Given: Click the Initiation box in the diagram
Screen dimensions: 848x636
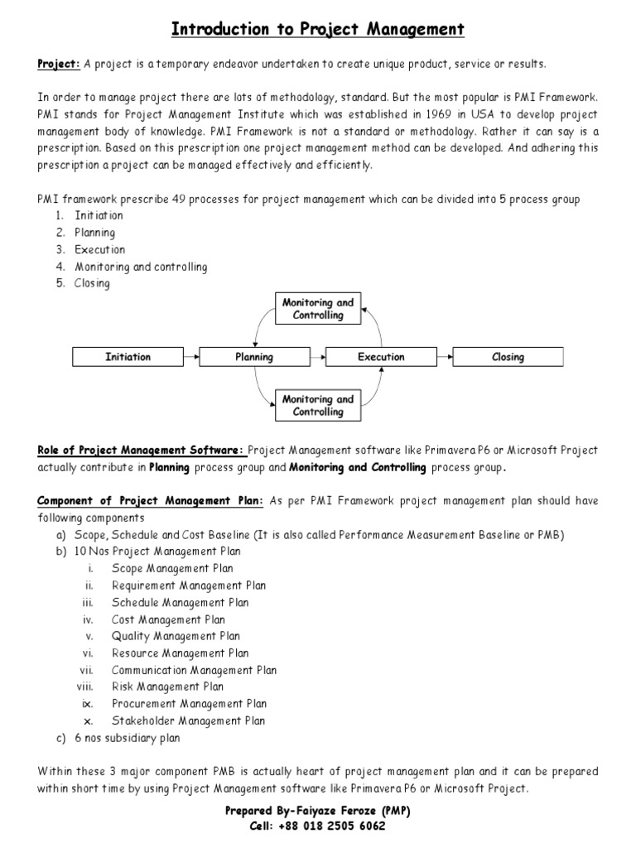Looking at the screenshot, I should tap(128, 357).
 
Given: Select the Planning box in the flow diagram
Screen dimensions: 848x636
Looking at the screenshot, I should tap(254, 357).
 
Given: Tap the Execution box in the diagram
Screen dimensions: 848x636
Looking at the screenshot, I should tap(381, 357).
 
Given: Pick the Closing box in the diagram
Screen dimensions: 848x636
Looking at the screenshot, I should tap(508, 357).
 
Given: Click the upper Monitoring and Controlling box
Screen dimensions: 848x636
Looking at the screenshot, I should tap(318, 309).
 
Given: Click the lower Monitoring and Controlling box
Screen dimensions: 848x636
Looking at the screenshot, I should tap(318, 405).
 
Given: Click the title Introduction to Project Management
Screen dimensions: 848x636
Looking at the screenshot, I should tap(318, 31).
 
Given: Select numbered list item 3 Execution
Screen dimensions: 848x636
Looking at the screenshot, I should tap(99, 249).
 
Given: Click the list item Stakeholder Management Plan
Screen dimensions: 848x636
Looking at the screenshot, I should tap(188, 720).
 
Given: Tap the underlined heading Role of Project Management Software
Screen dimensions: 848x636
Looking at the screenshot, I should tap(141, 450).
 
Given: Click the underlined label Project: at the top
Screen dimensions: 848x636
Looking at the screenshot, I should tap(58, 64).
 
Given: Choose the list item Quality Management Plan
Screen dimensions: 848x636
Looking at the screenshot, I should tap(176, 636).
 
